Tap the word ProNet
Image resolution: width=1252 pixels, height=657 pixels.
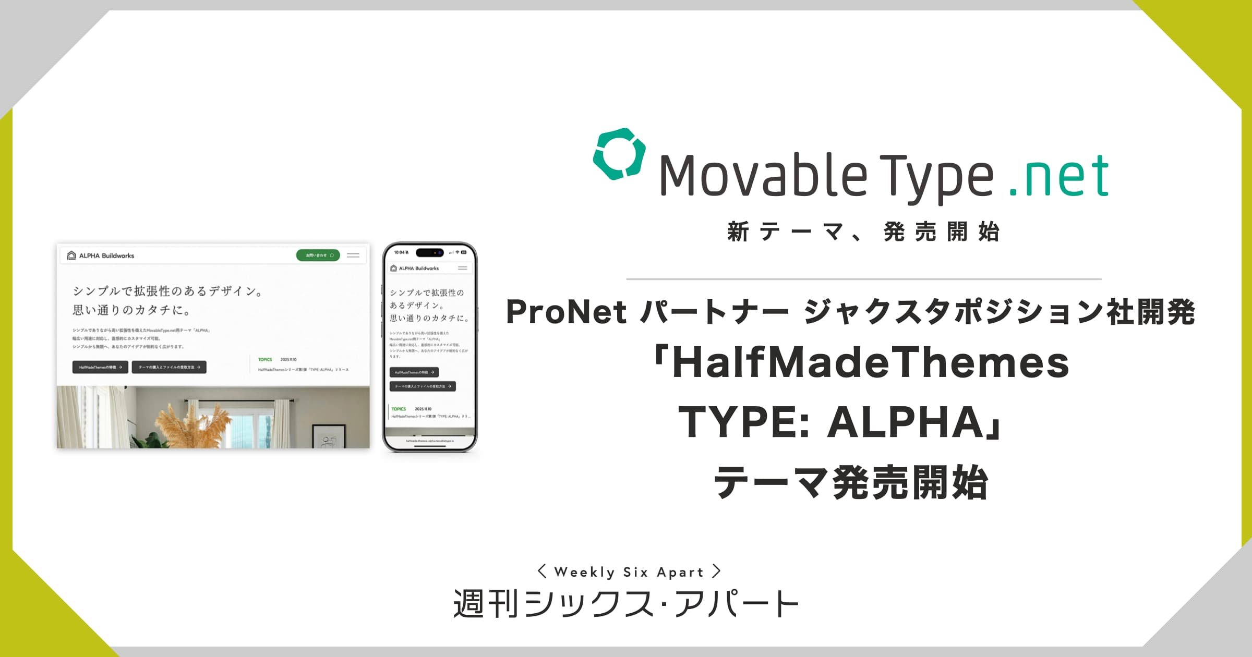566,312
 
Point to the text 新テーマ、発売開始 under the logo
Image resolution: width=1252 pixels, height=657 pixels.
863,232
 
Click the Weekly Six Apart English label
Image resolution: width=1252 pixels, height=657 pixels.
629,572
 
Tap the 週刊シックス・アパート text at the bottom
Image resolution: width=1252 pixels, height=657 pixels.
626,604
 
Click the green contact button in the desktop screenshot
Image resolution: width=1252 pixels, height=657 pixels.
318,255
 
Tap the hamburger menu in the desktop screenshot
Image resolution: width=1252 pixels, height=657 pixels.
353,255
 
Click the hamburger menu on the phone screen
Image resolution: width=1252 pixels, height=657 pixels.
463,268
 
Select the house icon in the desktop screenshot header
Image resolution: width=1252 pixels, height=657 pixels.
71,256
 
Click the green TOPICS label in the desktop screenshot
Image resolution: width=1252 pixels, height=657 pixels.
265,359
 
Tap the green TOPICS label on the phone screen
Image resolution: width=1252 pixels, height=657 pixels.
399,409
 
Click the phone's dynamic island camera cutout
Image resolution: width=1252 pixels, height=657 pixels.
429,252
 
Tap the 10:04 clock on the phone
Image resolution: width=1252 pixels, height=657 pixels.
400,252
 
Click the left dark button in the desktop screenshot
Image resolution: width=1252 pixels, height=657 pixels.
100,367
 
